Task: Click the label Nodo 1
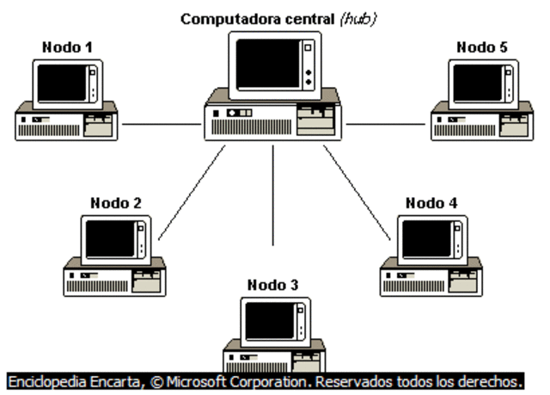click(x=67, y=47)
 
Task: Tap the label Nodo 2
click(x=116, y=204)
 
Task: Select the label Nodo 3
click(x=273, y=285)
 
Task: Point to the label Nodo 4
click(x=431, y=203)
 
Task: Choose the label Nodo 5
click(x=482, y=47)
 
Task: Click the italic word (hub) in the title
click(x=358, y=18)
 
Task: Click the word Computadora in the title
click(x=221, y=18)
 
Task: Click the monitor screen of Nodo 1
click(x=62, y=83)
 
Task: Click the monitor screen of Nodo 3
click(x=268, y=321)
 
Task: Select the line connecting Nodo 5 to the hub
click(x=386, y=124)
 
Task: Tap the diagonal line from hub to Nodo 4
click(x=354, y=192)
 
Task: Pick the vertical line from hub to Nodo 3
click(x=273, y=194)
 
